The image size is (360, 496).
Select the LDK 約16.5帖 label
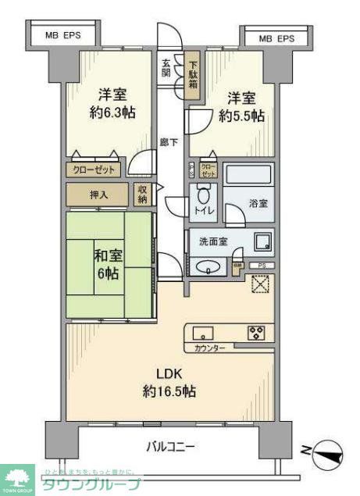[x=169, y=382]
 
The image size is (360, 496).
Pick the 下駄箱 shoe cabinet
[x=192, y=74]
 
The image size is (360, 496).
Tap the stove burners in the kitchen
[x=256, y=332]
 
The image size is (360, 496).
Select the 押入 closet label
[x=98, y=194]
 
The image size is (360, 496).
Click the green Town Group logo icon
[x=17, y=479]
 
